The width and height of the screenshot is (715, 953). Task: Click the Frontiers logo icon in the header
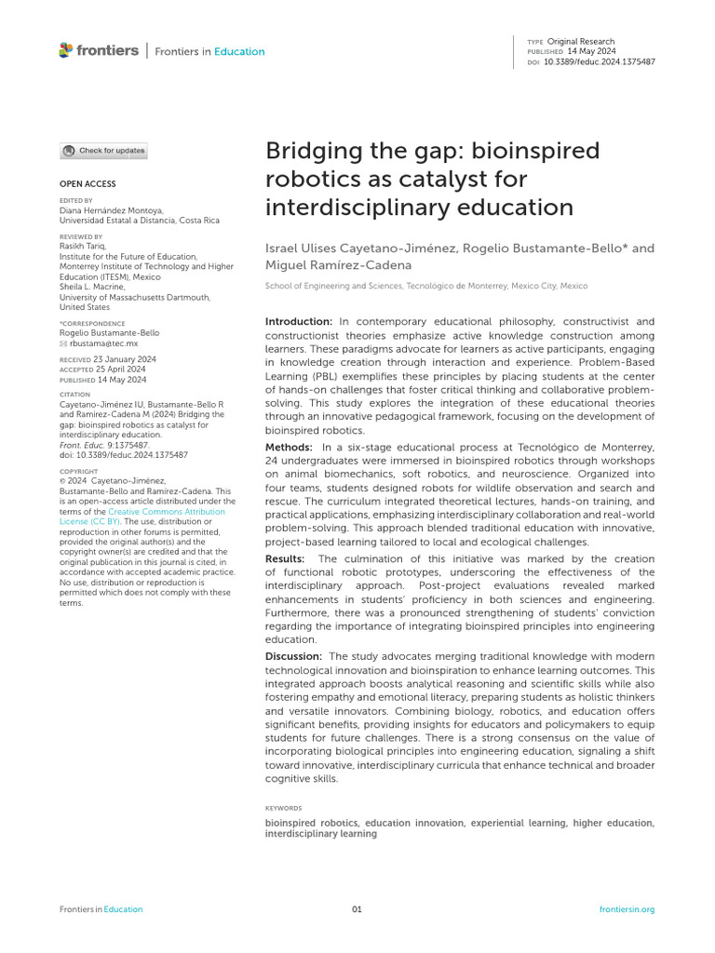[65, 50]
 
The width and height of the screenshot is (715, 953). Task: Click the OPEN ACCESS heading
[88, 184]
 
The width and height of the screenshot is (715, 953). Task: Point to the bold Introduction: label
[297, 320]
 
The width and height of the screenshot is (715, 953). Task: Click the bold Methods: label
[289, 448]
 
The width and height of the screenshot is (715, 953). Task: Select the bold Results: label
[287, 559]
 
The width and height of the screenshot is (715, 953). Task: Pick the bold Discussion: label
[293, 656]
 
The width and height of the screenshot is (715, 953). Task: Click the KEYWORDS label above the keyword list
[283, 809]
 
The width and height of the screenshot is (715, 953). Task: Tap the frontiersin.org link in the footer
[627, 909]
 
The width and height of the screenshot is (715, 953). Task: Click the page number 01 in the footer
[357, 909]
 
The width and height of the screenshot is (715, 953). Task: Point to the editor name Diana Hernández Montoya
[111, 210]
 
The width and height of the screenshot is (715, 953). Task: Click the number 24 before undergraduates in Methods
[272, 461]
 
